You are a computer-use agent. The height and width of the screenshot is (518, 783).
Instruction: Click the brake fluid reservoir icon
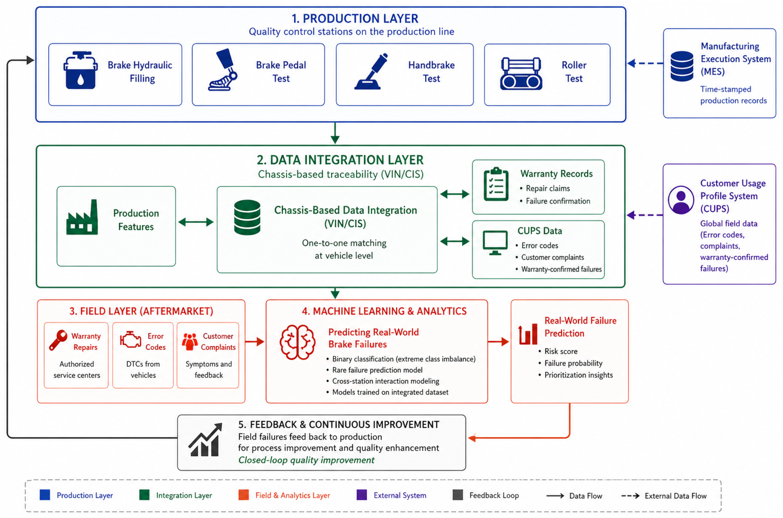(81, 70)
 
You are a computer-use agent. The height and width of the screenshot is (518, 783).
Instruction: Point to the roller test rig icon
(521, 74)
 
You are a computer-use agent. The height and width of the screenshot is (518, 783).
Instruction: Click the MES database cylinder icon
(682, 66)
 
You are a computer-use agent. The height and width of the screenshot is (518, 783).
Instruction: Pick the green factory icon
(82, 217)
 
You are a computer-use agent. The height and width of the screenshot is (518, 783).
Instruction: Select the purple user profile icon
(681, 200)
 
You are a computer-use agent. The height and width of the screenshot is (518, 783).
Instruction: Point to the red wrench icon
(58, 340)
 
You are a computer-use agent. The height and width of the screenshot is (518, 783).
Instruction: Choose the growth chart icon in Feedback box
(205, 440)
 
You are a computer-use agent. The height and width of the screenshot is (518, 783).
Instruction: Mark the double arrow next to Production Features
(196, 222)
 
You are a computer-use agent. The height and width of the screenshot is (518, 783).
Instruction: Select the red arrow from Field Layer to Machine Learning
(255, 342)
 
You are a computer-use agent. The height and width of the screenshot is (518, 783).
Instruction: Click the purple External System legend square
(362, 495)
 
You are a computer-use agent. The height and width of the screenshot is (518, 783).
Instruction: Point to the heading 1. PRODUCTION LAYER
(355, 18)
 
